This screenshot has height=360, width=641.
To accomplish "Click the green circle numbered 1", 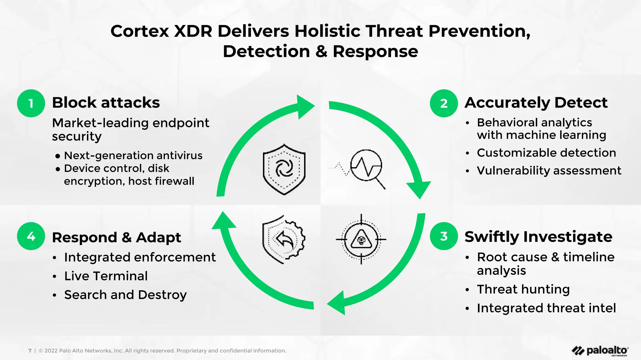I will click(31, 103).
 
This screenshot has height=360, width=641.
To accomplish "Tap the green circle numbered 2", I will click(444, 103).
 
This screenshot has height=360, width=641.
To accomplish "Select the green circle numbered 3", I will click(444, 236).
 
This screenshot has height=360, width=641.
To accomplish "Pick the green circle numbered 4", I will click(31, 236).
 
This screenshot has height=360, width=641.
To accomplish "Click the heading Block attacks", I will click(106, 103).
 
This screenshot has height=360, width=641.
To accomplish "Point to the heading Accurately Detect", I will click(536, 103).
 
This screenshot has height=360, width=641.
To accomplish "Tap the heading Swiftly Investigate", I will click(538, 237).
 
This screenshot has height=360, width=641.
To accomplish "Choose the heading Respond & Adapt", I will click(116, 237).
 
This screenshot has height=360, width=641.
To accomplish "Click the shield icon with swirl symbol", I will click(284, 169).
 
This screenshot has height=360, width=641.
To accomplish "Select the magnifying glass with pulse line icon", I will click(365, 168).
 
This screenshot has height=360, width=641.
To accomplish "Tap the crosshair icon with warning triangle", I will click(361, 239).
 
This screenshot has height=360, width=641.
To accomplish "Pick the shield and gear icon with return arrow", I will click(283, 239).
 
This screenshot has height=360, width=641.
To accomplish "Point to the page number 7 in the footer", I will click(30, 351).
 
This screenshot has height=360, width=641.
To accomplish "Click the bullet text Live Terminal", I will click(106, 276).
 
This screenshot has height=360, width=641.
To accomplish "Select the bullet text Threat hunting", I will click(523, 289).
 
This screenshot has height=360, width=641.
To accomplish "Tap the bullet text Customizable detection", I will click(546, 153).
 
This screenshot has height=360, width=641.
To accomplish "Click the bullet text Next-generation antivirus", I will click(133, 155).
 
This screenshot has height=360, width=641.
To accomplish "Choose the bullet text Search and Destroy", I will click(125, 295).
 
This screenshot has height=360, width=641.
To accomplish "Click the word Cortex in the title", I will click(140, 31).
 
